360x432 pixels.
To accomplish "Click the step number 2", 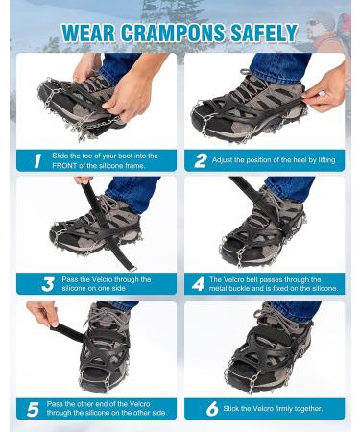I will point(201,161).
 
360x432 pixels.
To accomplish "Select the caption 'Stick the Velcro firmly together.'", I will point(270,408).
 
